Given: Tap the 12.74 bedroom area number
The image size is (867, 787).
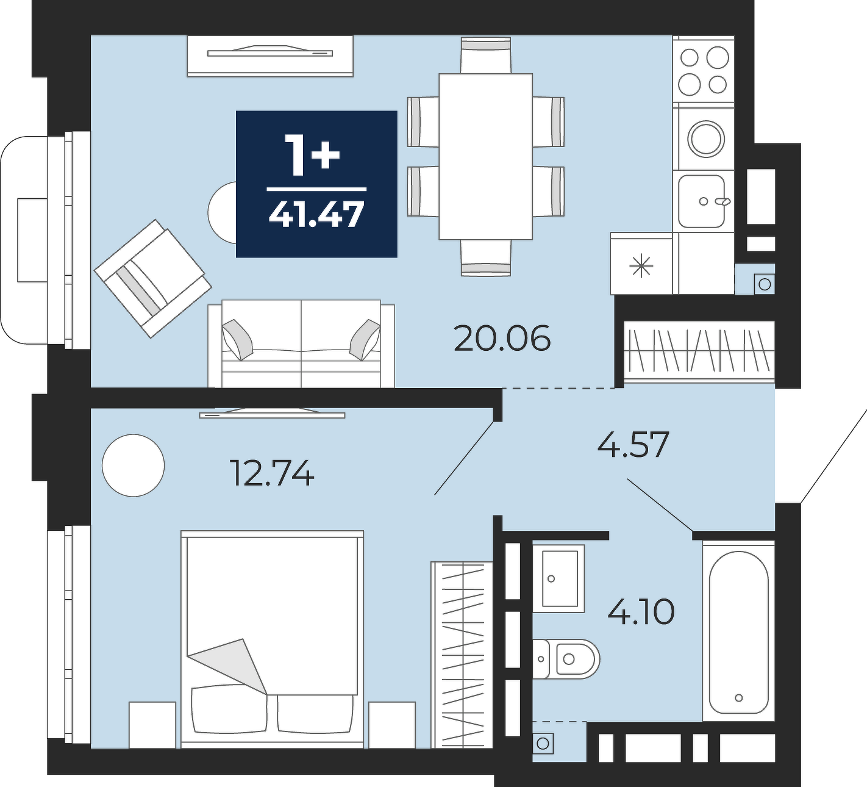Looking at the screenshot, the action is (273, 473).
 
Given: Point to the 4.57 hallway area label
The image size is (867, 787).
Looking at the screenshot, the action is (633, 445).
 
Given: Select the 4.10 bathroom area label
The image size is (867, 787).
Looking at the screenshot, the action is (641, 612).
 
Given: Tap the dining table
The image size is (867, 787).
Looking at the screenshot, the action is (486, 157).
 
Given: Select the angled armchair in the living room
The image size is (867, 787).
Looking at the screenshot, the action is (153, 279).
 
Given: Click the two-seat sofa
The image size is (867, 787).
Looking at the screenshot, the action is (301, 343).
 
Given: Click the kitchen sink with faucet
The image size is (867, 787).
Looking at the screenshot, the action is (703, 201).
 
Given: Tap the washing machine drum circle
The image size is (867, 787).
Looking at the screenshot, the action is (705, 138).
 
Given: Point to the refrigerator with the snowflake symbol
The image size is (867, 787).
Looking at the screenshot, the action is (641, 264).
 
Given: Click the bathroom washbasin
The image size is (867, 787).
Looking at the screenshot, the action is (558, 578).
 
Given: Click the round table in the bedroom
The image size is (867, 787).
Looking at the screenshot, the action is (133, 465).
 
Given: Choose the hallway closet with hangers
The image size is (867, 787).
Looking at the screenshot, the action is (699, 351).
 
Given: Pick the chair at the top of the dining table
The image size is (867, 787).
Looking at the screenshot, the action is (486, 56).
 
